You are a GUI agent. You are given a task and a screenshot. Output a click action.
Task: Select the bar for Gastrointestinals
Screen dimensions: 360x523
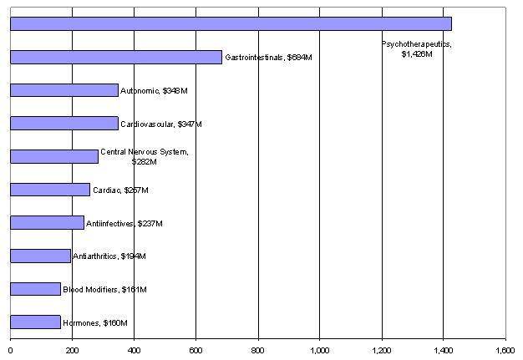[x=116, y=57]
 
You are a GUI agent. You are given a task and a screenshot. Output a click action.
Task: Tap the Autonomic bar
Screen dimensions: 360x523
[x=64, y=90]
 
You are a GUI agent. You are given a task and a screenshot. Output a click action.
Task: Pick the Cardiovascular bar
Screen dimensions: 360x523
[x=64, y=124]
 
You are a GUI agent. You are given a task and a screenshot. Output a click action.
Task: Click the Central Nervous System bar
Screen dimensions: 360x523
[x=54, y=156]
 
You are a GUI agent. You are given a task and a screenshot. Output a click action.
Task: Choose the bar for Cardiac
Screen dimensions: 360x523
[x=50, y=190]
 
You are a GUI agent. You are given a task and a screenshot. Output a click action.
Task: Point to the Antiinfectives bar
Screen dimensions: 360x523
[x=47, y=223]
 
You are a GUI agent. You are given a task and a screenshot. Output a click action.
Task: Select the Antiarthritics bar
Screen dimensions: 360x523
[x=40, y=256]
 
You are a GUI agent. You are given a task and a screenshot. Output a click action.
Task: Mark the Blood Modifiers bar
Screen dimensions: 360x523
[x=35, y=289]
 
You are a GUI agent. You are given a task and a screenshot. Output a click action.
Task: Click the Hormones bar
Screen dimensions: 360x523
[x=35, y=322]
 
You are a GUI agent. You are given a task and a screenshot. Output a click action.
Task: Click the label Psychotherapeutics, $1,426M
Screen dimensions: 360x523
[x=416, y=48]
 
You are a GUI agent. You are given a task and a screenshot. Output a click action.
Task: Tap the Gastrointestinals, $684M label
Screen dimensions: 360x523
[x=268, y=58]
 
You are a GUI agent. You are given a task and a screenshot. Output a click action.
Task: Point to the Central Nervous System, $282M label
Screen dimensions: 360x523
[x=145, y=156]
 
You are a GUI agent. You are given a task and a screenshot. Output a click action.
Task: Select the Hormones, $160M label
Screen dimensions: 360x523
[x=95, y=322]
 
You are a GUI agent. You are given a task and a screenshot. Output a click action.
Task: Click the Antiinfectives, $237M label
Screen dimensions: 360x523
[x=124, y=223]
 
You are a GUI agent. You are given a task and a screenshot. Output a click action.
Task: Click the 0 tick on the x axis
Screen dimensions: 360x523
[x=10, y=351]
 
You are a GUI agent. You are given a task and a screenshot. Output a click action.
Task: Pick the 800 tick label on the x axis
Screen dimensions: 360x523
[x=258, y=351]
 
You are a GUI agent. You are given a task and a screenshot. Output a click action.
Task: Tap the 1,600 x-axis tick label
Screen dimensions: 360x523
[x=505, y=351]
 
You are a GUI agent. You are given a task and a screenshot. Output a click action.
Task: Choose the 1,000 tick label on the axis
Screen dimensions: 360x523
[x=320, y=351]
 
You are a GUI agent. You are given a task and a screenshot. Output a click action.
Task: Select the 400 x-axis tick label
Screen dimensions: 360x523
[x=134, y=351]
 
